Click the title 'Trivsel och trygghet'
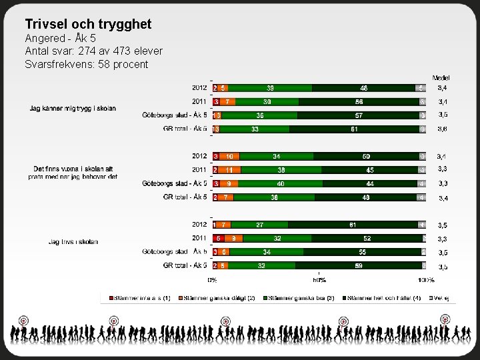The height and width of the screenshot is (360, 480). pos(88,25)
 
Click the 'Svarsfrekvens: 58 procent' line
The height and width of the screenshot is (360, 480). pos(86,64)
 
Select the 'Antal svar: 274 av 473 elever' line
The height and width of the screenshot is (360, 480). pos(93,51)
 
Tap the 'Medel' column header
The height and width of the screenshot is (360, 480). pos(441,77)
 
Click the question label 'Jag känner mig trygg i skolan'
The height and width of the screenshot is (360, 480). pos(73,108)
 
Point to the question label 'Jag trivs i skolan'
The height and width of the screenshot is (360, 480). pos(73,241)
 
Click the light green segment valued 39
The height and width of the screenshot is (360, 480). pos(270,87)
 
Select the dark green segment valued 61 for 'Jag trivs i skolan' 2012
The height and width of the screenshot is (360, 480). pos(353,225)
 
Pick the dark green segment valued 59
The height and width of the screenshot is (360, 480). pos(358,265)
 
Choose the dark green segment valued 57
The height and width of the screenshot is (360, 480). pos(359,115)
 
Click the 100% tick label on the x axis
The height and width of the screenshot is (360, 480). pos(426,280)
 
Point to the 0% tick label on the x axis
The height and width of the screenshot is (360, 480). pos(213,280)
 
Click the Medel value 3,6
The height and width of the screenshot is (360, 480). pos(443,129)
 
